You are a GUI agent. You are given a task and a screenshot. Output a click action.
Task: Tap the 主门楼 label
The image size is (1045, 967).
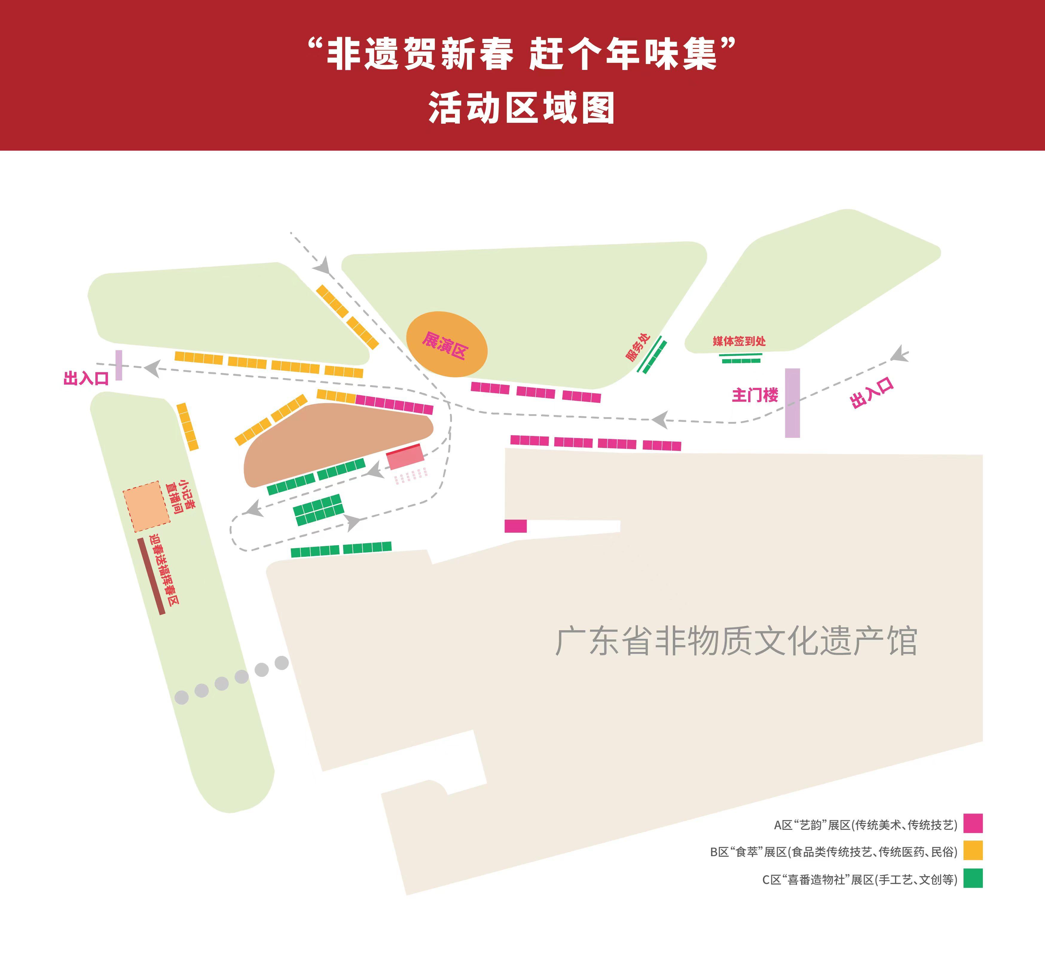coord(754,395)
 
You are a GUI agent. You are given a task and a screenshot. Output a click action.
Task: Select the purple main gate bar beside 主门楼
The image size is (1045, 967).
coord(792,403)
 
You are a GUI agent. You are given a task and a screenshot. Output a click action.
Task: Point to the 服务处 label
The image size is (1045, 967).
coord(638,347)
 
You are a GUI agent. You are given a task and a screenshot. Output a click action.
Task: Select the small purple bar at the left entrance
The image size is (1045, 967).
coord(119,365)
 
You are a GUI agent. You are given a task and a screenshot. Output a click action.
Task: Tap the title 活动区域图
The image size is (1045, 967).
coord(522,108)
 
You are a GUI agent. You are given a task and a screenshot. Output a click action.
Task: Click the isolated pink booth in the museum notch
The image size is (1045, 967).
coord(515,526)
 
